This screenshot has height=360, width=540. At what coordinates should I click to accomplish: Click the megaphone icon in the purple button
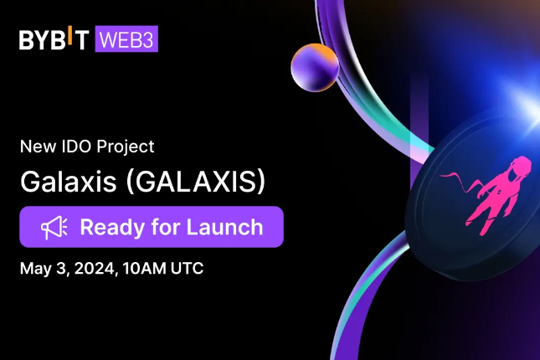[53, 227]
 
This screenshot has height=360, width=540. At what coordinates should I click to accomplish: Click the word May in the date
[35, 270]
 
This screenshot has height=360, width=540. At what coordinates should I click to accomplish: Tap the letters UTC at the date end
[186, 270]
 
